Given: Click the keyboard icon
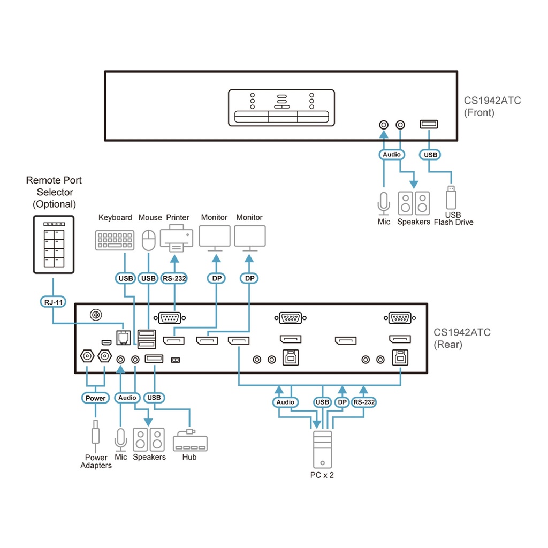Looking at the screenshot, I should tap(115, 240).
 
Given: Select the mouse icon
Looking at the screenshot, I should tap(148, 240).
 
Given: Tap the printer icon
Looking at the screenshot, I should tap(177, 239).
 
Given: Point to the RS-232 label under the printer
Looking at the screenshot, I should tap(174, 278).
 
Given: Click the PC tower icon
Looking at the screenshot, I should tap(323, 449).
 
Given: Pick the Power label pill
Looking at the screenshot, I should tap(96, 398).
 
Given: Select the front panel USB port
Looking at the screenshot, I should tap(429, 125).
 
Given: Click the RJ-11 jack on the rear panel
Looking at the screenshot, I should tap(124, 336).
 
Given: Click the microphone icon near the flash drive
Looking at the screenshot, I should tap(384, 202).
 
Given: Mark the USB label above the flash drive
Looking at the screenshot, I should tap(430, 155).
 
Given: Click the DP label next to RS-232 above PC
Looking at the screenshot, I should tap(342, 402).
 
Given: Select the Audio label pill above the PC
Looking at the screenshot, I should tap(285, 402).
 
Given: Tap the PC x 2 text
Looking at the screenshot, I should tap(322, 475).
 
